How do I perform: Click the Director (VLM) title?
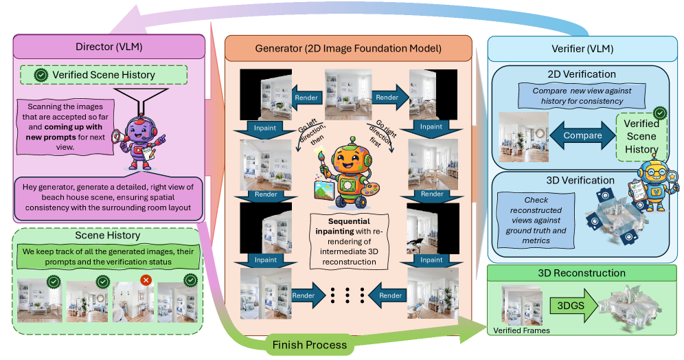[110, 46]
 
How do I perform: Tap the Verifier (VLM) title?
[583, 49]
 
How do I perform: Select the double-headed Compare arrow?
[582, 136]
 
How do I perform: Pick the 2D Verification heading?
[582, 74]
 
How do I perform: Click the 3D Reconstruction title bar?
[583, 273]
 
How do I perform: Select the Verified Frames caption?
[522, 331]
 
